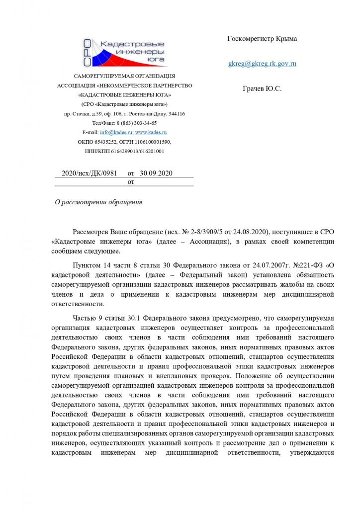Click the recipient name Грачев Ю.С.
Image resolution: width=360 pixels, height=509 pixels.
(262, 88)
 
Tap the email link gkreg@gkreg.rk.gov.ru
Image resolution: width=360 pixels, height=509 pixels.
(262, 64)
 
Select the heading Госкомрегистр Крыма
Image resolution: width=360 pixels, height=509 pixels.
(262, 39)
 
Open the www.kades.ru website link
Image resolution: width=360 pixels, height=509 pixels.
(151, 133)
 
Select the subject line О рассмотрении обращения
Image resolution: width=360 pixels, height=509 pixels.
(98, 202)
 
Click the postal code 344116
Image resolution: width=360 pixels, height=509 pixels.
(176, 114)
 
